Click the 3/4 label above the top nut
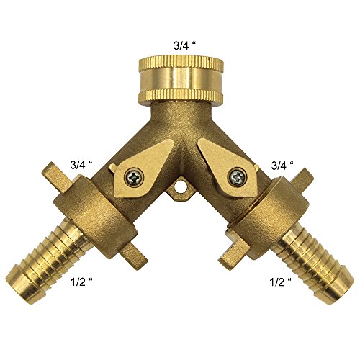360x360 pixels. click(x=184, y=46)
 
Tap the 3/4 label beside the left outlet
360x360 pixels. click(x=81, y=165)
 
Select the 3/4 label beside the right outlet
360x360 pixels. click(x=282, y=165)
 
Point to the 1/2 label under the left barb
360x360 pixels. click(x=81, y=282)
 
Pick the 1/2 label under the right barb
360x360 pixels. click(x=280, y=282)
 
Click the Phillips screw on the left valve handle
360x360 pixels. click(x=134, y=178)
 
